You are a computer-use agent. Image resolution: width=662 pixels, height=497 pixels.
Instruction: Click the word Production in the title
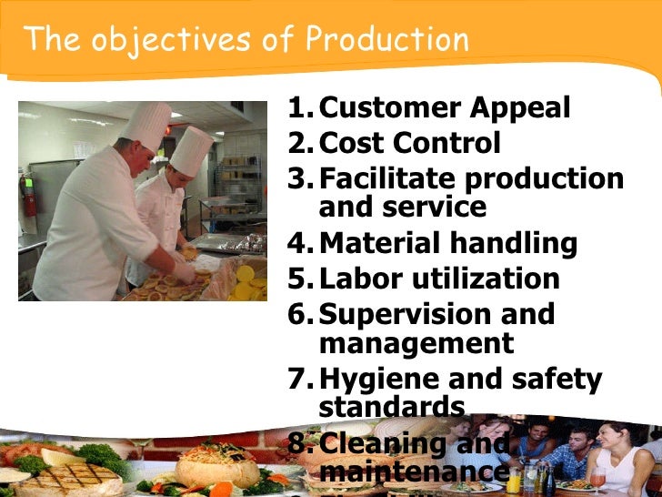click(x=387, y=40)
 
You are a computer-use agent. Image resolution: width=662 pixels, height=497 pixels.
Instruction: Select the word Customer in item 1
click(x=389, y=109)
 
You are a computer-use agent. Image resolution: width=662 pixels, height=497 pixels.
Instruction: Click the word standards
click(x=392, y=405)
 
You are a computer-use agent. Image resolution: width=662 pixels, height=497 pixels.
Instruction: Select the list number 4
click(x=300, y=244)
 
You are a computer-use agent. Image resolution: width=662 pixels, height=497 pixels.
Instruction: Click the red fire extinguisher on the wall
click(x=31, y=193)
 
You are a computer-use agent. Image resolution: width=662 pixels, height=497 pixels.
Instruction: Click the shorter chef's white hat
click(x=191, y=150)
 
